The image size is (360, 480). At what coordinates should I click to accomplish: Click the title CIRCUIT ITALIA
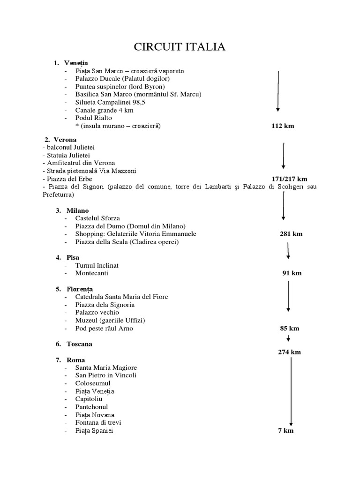[x=180, y=47]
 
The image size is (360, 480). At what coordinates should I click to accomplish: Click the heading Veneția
[x=77, y=63]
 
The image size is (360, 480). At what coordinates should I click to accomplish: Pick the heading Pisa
[x=73, y=257]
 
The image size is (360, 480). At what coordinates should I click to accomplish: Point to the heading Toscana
[x=79, y=344]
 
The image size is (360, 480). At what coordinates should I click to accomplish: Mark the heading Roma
[x=76, y=360]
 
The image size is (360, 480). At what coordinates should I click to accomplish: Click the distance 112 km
[x=283, y=126]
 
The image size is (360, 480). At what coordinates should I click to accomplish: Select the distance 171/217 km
[x=289, y=179]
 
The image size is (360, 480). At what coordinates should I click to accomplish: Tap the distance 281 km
[x=291, y=234]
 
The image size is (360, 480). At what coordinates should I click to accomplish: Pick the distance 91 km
[x=291, y=273]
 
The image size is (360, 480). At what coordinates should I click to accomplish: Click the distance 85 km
[x=289, y=328]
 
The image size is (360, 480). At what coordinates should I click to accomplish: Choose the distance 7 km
[x=286, y=431]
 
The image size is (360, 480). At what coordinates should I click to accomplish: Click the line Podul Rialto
[x=94, y=118]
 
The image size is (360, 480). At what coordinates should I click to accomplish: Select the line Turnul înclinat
[x=97, y=265]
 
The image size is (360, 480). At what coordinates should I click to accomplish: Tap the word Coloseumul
[x=93, y=383]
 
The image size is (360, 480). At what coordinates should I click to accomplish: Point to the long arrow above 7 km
[x=291, y=391]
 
